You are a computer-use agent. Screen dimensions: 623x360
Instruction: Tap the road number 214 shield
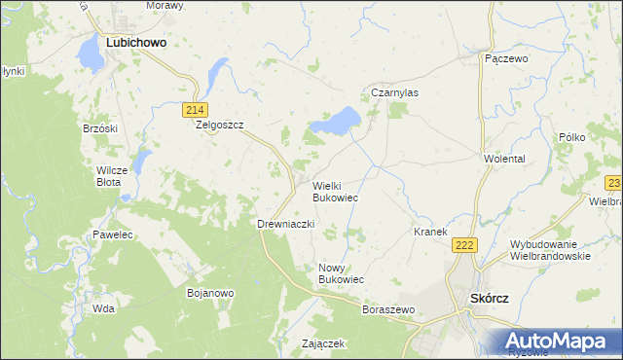click(x=195, y=109)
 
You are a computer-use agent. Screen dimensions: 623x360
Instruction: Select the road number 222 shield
click(x=463, y=246)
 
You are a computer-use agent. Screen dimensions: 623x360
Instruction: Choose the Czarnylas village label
click(x=395, y=93)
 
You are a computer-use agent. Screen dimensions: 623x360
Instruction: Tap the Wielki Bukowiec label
click(x=335, y=191)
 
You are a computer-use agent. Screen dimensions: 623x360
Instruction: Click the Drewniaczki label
click(x=284, y=224)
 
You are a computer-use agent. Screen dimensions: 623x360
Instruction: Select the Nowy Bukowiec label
click(x=341, y=273)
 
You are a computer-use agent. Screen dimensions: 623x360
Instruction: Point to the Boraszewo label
click(x=388, y=309)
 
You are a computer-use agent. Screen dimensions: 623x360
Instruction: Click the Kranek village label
click(x=430, y=232)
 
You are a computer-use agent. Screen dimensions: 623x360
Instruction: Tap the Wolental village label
click(x=504, y=158)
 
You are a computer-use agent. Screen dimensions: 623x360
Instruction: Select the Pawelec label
click(x=113, y=235)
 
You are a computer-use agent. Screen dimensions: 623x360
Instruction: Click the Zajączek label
click(x=324, y=344)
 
